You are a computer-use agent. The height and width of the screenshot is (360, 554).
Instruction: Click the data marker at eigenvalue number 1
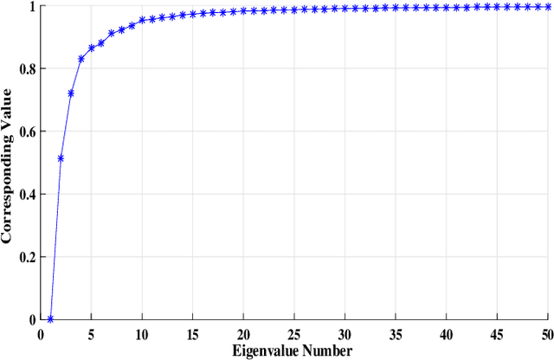pos(50,319)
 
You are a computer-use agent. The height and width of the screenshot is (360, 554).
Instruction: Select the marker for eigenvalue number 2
pos(61,158)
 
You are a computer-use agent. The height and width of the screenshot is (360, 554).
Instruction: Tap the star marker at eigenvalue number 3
pos(71,93)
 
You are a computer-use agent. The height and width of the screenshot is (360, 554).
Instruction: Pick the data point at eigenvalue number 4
pos(81,59)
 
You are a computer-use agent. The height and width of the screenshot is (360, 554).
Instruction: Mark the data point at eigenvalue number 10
pos(142,20)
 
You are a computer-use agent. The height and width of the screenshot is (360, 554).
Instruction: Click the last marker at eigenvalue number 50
pos(549,7)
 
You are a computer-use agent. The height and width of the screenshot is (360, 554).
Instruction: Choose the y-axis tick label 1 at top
pos(31,7)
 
